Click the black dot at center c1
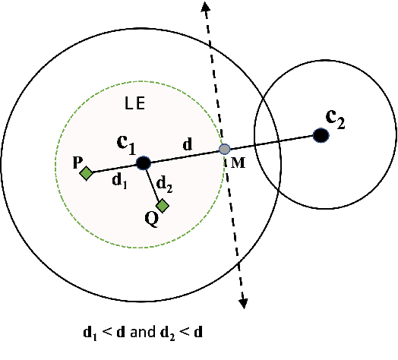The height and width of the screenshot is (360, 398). pos(143,163)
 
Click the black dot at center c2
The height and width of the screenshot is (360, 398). pos(321,135)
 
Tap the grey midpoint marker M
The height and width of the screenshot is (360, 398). pos(224,150)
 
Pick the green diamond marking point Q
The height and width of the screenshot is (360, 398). pos(162,205)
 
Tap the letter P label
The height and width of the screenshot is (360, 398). pos(77,163)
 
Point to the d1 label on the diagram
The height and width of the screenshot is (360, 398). pos(118,179)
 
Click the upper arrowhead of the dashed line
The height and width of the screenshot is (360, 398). pos(205,6)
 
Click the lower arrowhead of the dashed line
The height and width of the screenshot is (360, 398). pos(244,302)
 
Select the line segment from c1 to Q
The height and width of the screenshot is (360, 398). pos(152,183)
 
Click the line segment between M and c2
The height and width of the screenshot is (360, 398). pos(273,142)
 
